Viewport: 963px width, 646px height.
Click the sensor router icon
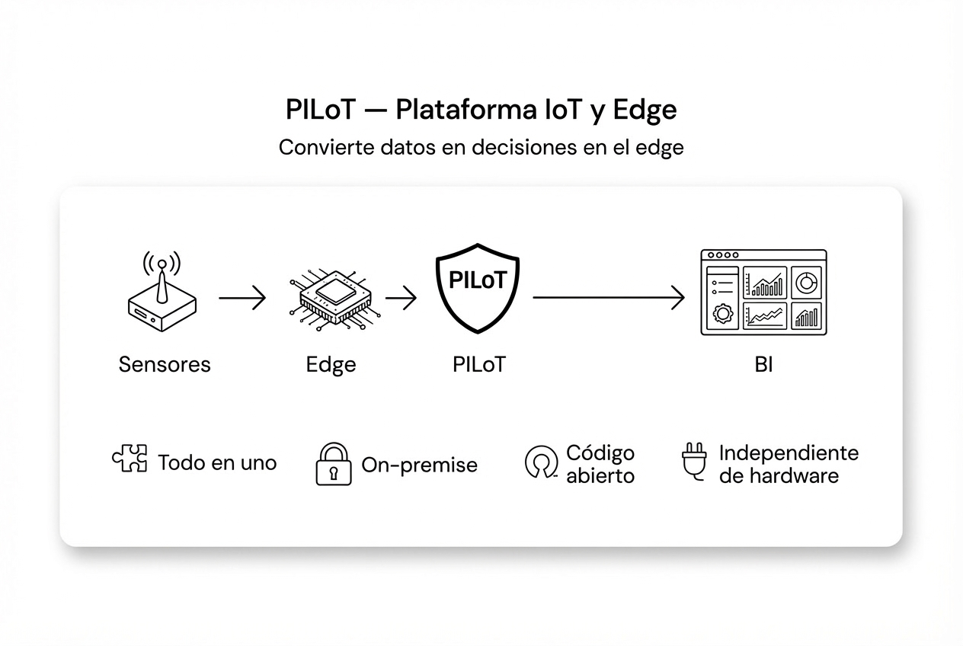click(160, 293)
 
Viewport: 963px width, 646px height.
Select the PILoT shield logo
click(478, 287)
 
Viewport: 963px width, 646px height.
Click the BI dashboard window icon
click(763, 293)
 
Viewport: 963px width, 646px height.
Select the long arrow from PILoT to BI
click(608, 298)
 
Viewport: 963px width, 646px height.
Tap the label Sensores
click(165, 364)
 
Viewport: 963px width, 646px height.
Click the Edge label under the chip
click(331, 365)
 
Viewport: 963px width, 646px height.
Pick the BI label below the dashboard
click(763, 365)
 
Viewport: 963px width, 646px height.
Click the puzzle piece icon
click(130, 459)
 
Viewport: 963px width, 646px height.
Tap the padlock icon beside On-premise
click(334, 464)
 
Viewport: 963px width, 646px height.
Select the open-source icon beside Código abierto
click(541, 463)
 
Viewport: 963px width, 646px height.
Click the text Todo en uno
click(217, 462)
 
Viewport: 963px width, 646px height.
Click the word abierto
click(600, 476)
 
